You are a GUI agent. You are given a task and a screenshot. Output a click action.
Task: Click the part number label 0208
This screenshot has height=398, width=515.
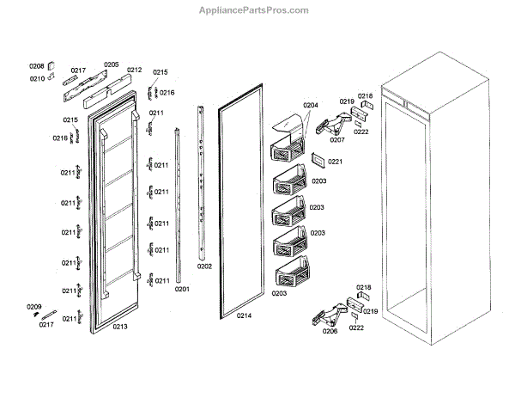(36, 66)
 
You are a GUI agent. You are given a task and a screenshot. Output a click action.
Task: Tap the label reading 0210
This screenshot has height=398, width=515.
(37, 78)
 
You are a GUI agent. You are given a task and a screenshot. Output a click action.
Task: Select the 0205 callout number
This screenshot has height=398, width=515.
(112, 64)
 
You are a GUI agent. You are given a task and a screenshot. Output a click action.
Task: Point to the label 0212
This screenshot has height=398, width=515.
(134, 70)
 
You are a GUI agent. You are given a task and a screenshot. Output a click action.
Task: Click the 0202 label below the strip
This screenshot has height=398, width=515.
(204, 266)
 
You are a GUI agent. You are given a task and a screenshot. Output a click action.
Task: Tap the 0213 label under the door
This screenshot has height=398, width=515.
(120, 327)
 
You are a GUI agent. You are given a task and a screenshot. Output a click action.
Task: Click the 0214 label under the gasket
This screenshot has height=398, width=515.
(244, 316)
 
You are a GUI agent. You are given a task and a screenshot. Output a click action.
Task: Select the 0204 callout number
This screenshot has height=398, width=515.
(310, 106)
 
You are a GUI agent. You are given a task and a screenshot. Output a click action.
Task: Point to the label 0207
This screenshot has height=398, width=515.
(337, 139)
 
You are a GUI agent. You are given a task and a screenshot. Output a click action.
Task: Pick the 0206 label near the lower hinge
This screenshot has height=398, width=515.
(330, 330)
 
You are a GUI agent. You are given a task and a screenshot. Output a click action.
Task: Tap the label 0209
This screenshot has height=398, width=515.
(33, 307)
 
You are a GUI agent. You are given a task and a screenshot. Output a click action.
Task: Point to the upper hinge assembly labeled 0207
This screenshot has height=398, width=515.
(325, 125)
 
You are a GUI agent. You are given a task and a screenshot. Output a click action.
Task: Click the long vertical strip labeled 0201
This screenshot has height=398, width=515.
(179, 206)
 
